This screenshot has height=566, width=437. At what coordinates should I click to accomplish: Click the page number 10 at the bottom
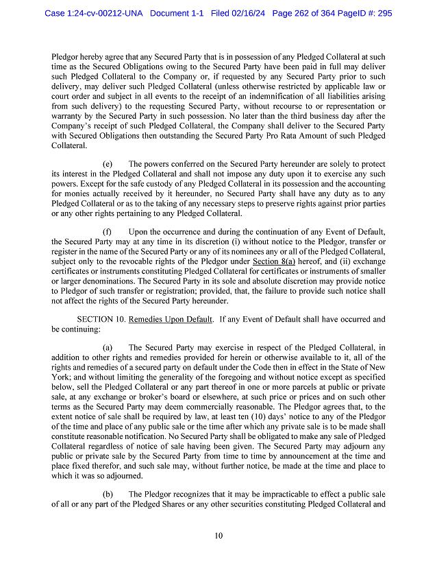pyautogui.click(x=218, y=536)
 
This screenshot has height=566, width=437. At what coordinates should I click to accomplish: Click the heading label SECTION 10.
pyautogui.click(x=101, y=319)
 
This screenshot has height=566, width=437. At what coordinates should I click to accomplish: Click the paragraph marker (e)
pyautogui.click(x=108, y=165)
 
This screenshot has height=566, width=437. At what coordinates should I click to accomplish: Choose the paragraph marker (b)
pyautogui.click(x=108, y=493)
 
